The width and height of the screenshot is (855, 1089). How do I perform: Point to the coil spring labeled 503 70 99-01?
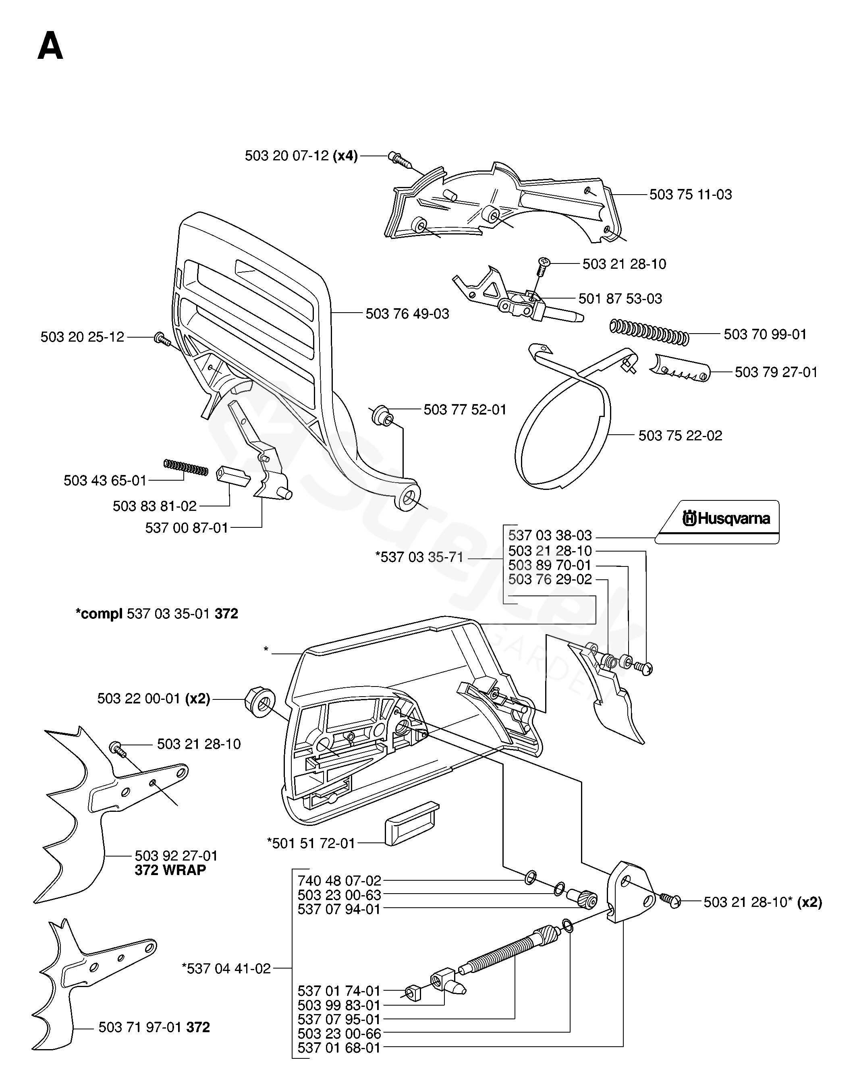tap(649, 332)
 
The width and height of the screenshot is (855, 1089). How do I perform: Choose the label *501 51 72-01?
tap(311, 843)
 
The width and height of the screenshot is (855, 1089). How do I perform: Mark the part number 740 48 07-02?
tap(339, 880)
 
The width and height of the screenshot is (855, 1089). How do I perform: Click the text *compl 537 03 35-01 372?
tap(157, 614)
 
